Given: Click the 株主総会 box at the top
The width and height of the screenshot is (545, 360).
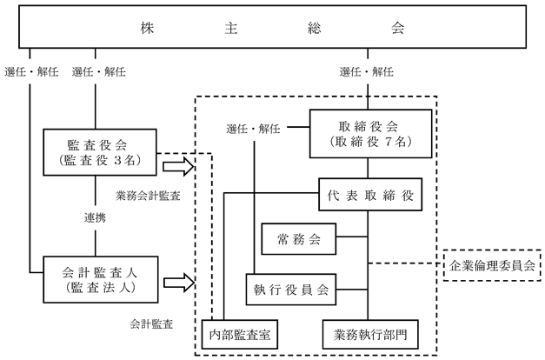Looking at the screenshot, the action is pyautogui.click(x=272, y=26).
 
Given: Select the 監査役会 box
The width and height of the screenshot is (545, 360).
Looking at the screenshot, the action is pyautogui.click(x=100, y=152).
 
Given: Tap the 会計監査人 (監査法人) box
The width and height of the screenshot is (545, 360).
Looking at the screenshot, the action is pyautogui.click(x=101, y=280).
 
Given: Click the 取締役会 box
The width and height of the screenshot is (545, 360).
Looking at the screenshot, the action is pyautogui.click(x=370, y=134).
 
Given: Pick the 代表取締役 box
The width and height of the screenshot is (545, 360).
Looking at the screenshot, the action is pyautogui.click(x=370, y=195).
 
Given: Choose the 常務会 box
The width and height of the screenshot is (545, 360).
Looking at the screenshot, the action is pyautogui.click(x=298, y=239).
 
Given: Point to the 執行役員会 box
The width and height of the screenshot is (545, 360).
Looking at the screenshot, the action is pyautogui.click(x=291, y=290).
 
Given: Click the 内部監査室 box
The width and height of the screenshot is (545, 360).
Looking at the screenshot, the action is pyautogui.click(x=240, y=334).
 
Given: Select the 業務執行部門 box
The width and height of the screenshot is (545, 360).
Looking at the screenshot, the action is pyautogui.click(x=370, y=334).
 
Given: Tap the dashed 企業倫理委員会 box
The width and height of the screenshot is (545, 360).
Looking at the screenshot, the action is pyautogui.click(x=492, y=265).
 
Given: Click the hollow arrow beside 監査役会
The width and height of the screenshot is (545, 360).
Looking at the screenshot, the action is pyautogui.click(x=178, y=167).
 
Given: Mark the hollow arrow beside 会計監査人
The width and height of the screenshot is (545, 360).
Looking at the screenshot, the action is pyautogui.click(x=179, y=283).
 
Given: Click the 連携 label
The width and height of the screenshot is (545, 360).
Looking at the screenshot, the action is pyautogui.click(x=95, y=218).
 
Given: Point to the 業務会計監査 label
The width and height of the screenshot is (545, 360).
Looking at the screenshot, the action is pyautogui.click(x=148, y=196).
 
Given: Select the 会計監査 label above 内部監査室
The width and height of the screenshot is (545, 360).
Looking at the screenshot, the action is pyautogui.click(x=151, y=324).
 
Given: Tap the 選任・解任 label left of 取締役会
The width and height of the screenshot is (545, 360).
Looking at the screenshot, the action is pyautogui.click(x=253, y=129).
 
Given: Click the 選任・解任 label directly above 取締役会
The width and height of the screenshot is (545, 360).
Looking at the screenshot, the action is pyautogui.click(x=366, y=72).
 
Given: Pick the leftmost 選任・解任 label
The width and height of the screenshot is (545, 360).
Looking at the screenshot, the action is pyautogui.click(x=31, y=72).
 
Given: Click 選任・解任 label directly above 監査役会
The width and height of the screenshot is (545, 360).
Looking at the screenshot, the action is pyautogui.click(x=99, y=72).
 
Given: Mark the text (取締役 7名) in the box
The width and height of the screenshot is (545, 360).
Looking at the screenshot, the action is pyautogui.click(x=370, y=142).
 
